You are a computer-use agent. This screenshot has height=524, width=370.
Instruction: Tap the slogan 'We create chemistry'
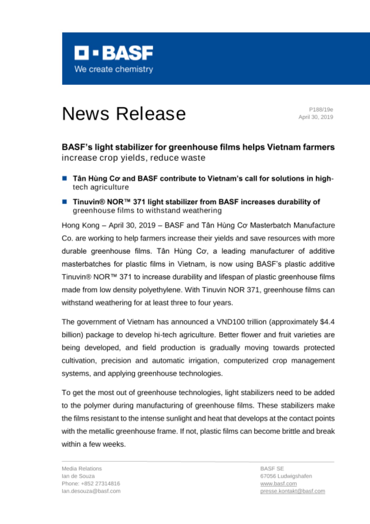pyautogui.click(x=114, y=69)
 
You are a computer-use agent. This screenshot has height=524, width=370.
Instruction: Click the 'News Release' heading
pyautogui.click(x=124, y=114)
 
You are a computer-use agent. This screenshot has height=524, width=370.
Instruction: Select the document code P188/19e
pyautogui.click(x=321, y=110)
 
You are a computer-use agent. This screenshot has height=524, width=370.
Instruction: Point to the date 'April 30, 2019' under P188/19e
pyautogui.click(x=316, y=117)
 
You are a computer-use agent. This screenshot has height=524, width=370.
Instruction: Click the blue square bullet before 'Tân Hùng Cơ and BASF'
pyautogui.click(x=65, y=178)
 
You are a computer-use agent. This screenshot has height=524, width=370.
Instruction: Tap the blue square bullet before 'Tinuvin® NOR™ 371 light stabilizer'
pyautogui.click(x=65, y=202)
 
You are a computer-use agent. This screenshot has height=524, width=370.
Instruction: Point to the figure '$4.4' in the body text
pyautogui.click(x=327, y=322)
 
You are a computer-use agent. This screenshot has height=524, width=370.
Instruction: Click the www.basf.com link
pyautogui.click(x=278, y=484)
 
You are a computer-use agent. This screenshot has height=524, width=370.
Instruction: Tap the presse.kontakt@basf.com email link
pyautogui.click(x=293, y=491)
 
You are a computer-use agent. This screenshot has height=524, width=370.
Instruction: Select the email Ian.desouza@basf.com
pyautogui.click(x=91, y=491)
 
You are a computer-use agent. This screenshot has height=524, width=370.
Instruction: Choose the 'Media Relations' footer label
pyautogui.click(x=82, y=469)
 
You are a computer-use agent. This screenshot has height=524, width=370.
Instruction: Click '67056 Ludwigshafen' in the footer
pyautogui.click(x=286, y=476)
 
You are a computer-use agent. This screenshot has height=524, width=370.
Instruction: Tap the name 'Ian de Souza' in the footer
pyautogui.click(x=78, y=476)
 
